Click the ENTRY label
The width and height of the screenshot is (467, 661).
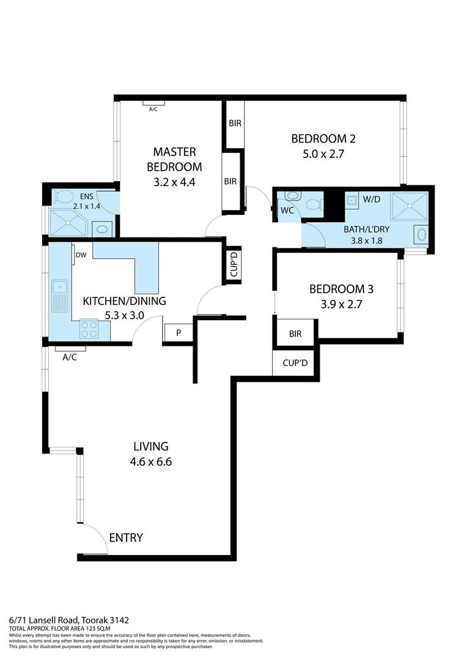coord(126,538)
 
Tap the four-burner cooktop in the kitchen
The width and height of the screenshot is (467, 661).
coord(89,329)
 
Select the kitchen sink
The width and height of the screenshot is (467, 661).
coord(60,286)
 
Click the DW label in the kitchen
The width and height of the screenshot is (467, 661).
coord(80,255)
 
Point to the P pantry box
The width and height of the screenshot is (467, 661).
coord(178,333)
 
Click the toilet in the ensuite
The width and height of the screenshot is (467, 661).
coord(62,196)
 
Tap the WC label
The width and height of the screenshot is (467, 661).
coord(287,211)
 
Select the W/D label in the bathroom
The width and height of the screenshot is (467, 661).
coord(371,199)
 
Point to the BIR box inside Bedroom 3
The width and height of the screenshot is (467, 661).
coord(295,334)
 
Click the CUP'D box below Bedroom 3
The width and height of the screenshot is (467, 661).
coord(295,363)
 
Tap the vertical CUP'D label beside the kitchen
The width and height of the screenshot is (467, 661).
coord(233,266)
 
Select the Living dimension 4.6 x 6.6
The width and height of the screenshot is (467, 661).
coord(151,462)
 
